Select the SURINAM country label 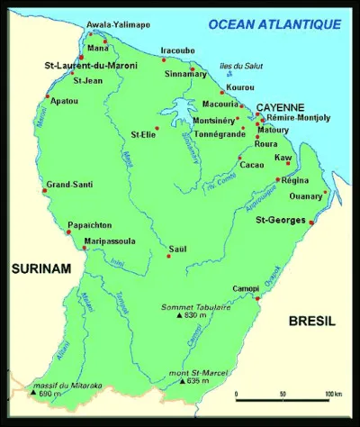(x=34, y=268)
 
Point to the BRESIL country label (x=311, y=321)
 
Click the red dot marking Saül (x=168, y=256)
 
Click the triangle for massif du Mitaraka (x=33, y=394)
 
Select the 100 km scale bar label (x=332, y=395)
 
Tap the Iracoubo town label (x=176, y=50)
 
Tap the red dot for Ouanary (x=325, y=191)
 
